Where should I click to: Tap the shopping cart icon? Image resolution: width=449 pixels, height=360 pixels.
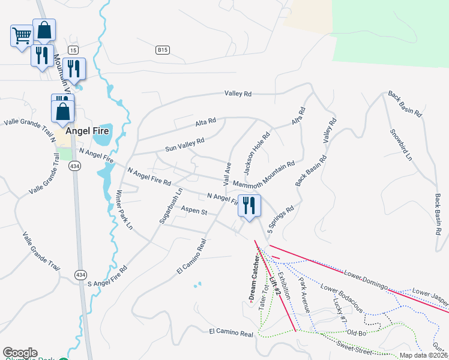click(x=21, y=35)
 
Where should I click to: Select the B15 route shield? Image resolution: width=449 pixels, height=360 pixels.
click(x=161, y=50)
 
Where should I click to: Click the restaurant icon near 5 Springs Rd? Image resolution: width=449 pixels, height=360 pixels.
click(x=249, y=205)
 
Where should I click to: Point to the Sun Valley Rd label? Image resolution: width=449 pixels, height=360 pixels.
click(x=185, y=144)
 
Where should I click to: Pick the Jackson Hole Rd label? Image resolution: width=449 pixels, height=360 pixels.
click(x=256, y=149)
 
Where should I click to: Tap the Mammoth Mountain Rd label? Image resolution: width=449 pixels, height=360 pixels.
click(x=264, y=174)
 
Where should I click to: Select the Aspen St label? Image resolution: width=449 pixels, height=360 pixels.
click(x=194, y=212)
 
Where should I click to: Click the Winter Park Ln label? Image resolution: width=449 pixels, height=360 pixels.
click(x=123, y=210)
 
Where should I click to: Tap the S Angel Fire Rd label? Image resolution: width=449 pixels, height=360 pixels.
click(x=108, y=276)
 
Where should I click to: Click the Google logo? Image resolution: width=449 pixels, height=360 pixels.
click(x=20, y=353)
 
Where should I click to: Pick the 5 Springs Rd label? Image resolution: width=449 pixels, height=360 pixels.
click(x=281, y=220)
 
